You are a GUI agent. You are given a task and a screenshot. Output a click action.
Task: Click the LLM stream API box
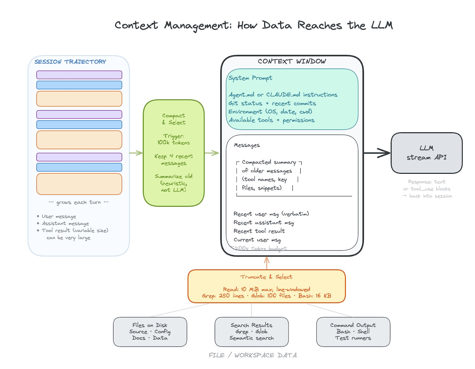pos(426,153)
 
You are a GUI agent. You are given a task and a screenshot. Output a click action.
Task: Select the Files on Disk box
pos(150,332)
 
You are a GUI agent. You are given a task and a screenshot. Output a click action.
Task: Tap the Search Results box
pos(251,332)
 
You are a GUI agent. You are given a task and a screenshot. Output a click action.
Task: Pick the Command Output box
pos(353,332)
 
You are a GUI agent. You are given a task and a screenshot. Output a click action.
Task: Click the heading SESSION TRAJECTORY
pos(70,62)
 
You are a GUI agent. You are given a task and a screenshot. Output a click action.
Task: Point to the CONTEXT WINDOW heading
pos(292,61)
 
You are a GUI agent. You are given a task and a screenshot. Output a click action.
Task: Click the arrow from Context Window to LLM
pos(377,153)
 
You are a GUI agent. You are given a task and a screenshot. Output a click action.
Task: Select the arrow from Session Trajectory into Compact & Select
pos(136,153)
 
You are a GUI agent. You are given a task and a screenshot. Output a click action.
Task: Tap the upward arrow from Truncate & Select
pos(267,262)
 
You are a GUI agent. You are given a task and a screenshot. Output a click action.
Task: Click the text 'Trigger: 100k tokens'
pos(174,139)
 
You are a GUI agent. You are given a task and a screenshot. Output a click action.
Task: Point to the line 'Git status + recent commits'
pos(272,103)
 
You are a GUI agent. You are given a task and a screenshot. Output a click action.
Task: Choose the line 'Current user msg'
pos(257,240)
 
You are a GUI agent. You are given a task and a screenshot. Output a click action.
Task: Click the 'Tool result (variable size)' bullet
pos(75,230)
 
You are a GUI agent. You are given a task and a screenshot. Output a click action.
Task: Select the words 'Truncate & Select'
pos(266,277)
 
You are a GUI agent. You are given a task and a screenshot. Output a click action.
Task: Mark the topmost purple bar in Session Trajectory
pos(79,75)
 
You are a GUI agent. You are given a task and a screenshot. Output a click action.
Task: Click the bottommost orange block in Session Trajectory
pos(79,184)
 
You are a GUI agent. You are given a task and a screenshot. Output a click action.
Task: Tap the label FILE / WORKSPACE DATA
pos(253,355)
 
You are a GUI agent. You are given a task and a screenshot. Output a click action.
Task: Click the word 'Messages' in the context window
pos(247,145)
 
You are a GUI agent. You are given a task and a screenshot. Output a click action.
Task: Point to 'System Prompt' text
pos(250,78)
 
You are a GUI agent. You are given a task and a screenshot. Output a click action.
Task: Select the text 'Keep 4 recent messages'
pos(174,160)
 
